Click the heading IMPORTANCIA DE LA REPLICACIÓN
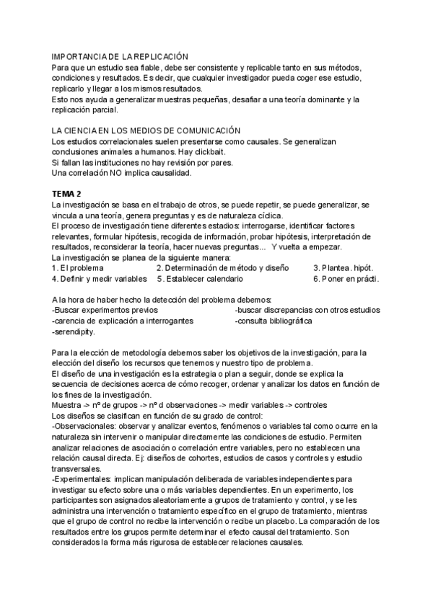pyautogui.click(x=120, y=56)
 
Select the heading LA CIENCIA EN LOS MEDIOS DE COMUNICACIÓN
pyautogui.click(x=145, y=130)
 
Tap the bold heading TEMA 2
pyautogui.click(x=67, y=195)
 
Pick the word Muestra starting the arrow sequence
pyautogui.click(x=66, y=406)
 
